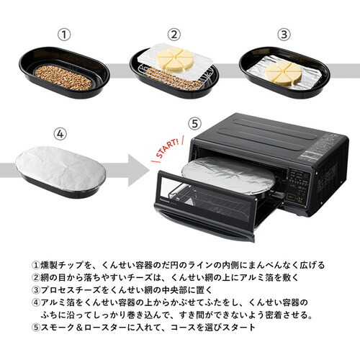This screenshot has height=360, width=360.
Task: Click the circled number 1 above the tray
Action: pos(65,34)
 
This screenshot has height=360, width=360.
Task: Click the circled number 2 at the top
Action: pos(174,34)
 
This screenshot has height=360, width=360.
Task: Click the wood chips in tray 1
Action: pos(64,77)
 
